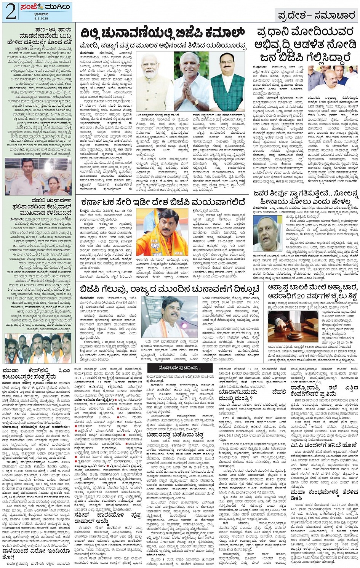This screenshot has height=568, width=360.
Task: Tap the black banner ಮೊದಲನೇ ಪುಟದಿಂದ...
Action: tap(180, 368)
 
